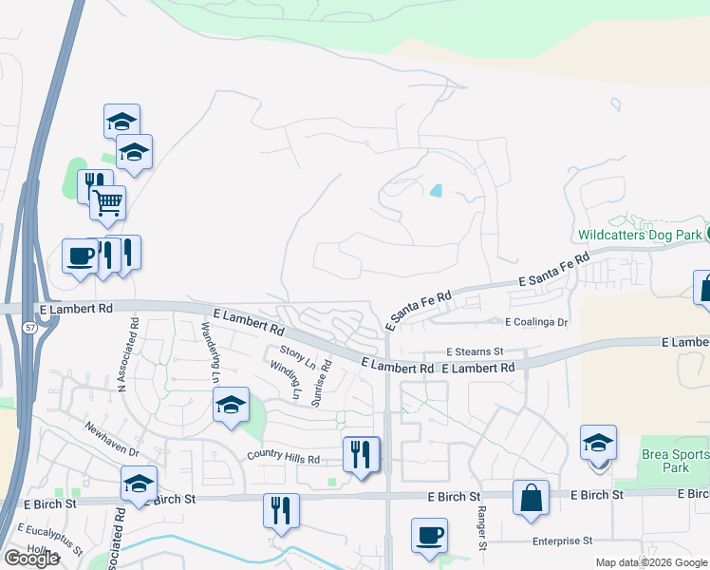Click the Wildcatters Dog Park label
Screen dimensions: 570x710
(640, 234)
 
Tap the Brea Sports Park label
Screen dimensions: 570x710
(674, 461)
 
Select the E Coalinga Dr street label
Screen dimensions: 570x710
(536, 322)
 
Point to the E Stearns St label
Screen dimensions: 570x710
(474, 351)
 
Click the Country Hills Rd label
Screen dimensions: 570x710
(284, 458)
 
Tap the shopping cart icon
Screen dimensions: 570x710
(107, 200)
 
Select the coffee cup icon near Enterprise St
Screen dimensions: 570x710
(429, 534)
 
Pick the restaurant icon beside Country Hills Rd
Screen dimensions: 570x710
(361, 453)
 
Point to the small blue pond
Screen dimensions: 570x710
(436, 190)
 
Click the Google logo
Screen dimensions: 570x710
(30, 558)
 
